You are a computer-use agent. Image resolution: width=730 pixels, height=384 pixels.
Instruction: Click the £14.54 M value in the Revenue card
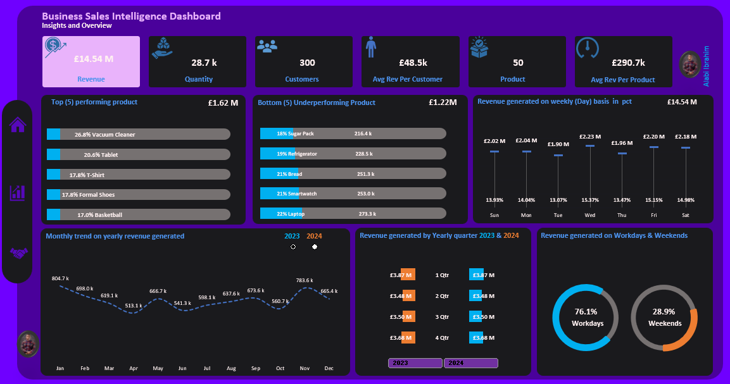pos(93,59)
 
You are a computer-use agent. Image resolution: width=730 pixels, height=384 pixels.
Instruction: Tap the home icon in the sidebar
pos(18,125)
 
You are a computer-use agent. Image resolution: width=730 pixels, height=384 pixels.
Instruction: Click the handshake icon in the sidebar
pos(19,253)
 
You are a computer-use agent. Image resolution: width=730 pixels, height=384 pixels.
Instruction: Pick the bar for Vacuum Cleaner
pos(138,134)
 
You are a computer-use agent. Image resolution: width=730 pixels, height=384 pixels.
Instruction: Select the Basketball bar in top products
pos(138,215)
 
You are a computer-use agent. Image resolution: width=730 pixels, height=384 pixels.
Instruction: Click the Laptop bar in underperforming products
pos(352,214)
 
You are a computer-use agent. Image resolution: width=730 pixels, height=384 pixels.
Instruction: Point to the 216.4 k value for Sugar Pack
pos(363,133)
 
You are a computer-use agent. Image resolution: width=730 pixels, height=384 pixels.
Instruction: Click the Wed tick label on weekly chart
pos(590,215)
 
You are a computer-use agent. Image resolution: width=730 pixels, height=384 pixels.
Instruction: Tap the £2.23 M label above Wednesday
pos(590,137)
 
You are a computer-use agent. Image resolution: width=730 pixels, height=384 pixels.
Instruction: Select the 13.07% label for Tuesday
pos(558,201)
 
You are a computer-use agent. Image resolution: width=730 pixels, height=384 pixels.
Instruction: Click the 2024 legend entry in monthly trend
pos(314,236)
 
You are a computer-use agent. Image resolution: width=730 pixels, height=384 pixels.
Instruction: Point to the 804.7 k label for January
pos(60,278)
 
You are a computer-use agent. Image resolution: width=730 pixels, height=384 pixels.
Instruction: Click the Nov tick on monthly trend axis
pos(304,368)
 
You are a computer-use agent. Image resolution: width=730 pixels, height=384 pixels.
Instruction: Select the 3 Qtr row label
pos(442,316)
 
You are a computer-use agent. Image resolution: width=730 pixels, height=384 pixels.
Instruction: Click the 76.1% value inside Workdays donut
pos(586,311)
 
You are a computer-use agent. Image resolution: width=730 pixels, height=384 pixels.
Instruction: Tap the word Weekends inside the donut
pos(665,323)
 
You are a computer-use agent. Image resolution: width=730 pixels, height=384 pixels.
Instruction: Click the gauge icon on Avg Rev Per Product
pos(587,51)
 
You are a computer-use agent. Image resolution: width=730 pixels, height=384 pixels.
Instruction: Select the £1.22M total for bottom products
pos(442,102)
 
